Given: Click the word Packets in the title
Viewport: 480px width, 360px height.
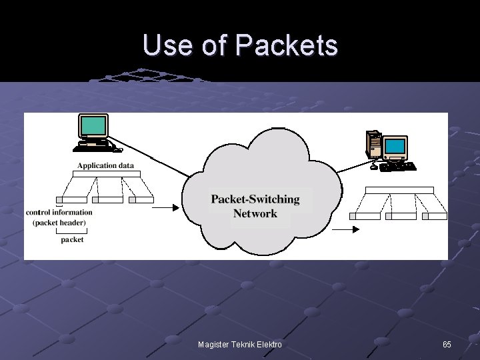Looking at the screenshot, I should point(287,45).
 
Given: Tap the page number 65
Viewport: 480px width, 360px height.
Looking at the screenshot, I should point(447,344).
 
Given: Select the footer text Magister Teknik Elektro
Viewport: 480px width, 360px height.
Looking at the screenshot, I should point(240,344).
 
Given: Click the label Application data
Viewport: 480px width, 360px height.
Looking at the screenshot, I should point(105,165).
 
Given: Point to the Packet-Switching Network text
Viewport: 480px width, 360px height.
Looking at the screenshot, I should point(255,207).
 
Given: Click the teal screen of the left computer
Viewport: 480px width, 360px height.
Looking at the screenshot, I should point(93,125).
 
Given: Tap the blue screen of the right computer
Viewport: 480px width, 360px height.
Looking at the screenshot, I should point(395,147).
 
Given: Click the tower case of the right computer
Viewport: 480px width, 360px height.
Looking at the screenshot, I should point(374,144).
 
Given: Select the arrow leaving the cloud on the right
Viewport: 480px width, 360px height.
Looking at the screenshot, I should point(345,229).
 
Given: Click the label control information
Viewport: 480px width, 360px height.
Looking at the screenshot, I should point(59,213).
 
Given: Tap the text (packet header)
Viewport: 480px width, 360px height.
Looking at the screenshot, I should point(59,223).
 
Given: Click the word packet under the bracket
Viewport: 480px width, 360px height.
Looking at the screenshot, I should point(72,239).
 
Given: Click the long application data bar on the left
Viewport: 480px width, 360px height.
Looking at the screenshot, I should point(107,174).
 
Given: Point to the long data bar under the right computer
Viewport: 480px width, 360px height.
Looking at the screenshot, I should point(399,190).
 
